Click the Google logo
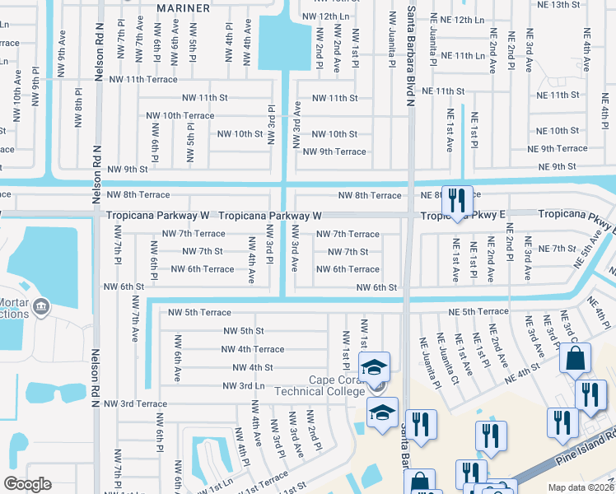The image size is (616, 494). tap(27, 484)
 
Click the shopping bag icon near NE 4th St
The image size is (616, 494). tap(575, 359)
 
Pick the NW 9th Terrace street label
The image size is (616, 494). tap(334, 151)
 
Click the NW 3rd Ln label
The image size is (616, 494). tap(244, 385)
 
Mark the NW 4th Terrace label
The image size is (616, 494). tap(253, 349)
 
